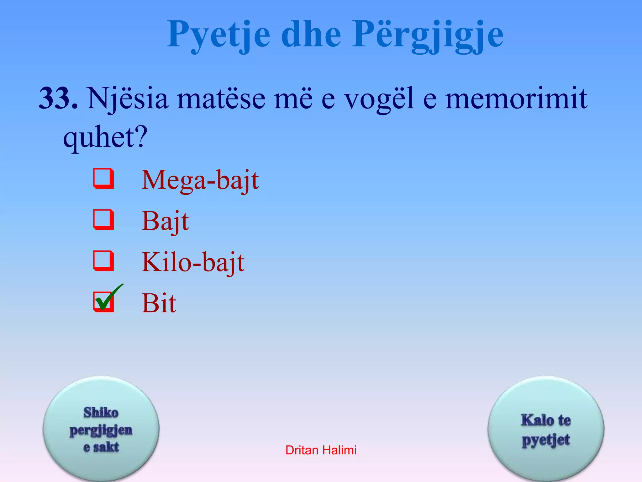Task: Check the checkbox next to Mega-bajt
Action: coord(103,179)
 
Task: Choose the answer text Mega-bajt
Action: coord(200,180)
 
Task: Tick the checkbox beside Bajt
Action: coord(103,220)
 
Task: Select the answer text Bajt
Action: coord(165,222)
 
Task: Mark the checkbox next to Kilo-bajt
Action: coord(103,261)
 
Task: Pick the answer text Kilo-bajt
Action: coord(193,262)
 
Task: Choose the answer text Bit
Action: coord(159,303)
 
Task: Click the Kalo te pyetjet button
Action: coord(546,429)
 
